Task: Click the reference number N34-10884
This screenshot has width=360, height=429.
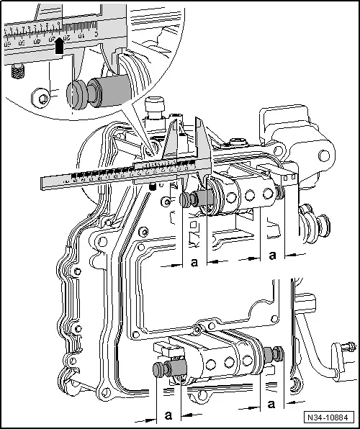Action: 327,417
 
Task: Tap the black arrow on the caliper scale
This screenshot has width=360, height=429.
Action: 60,45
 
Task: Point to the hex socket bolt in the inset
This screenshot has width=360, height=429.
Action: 44,95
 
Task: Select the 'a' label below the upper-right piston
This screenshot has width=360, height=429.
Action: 271,256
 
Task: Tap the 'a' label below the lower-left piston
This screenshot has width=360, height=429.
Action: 168,415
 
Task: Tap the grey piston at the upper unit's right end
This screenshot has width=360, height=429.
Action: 279,193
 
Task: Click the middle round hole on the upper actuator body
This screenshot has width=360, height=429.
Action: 251,195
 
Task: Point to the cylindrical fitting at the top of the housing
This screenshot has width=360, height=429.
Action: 155,109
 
